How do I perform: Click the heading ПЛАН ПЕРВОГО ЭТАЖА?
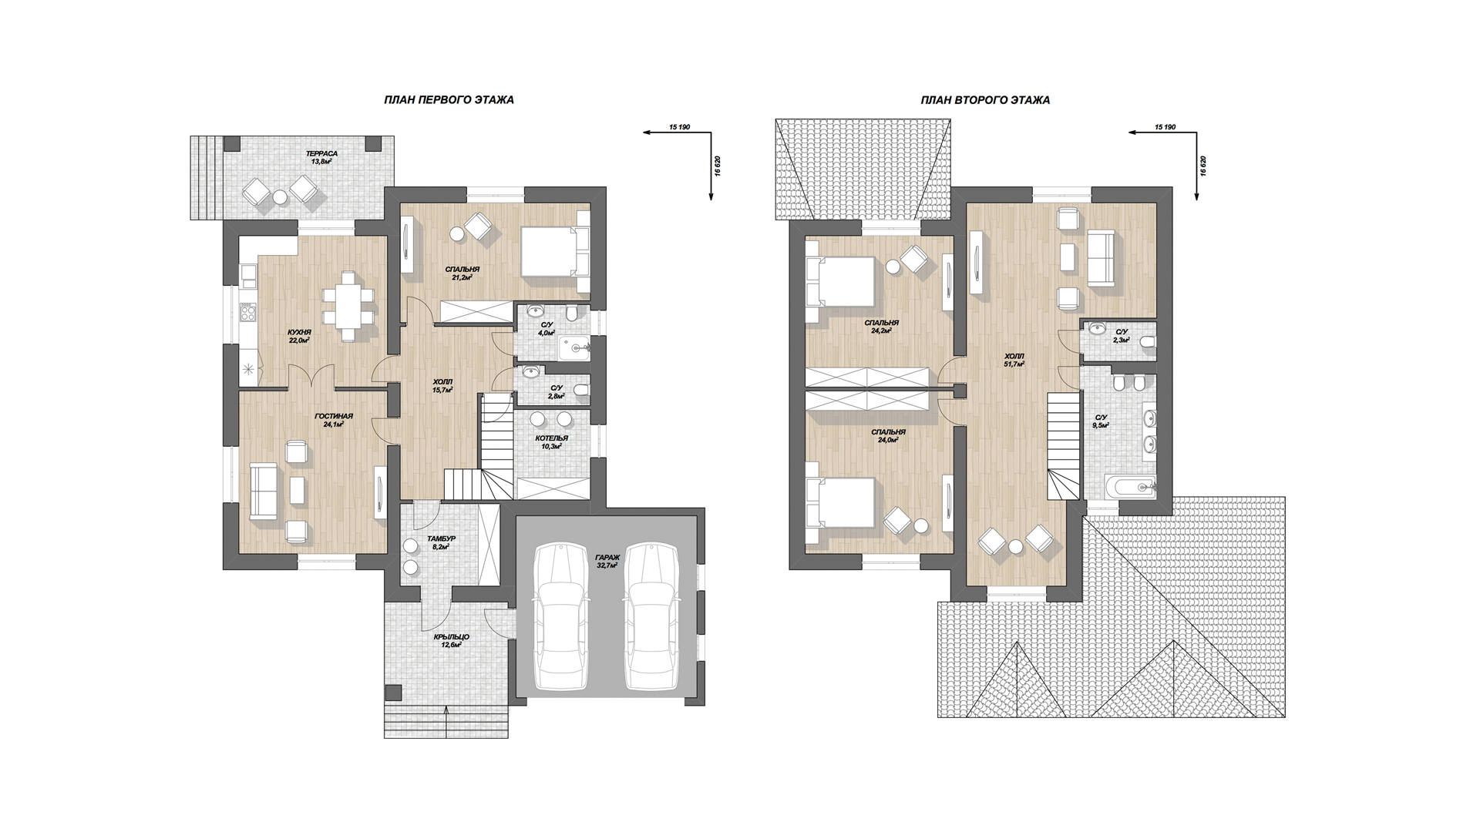click(449, 100)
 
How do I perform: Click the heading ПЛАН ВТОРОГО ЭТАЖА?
click(984, 100)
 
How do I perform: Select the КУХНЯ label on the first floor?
click(300, 332)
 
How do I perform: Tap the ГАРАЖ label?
click(607, 557)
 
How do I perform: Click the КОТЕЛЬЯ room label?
click(552, 438)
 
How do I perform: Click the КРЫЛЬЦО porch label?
click(451, 637)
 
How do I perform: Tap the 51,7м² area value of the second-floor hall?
click(1014, 364)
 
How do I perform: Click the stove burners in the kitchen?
click(248, 313)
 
